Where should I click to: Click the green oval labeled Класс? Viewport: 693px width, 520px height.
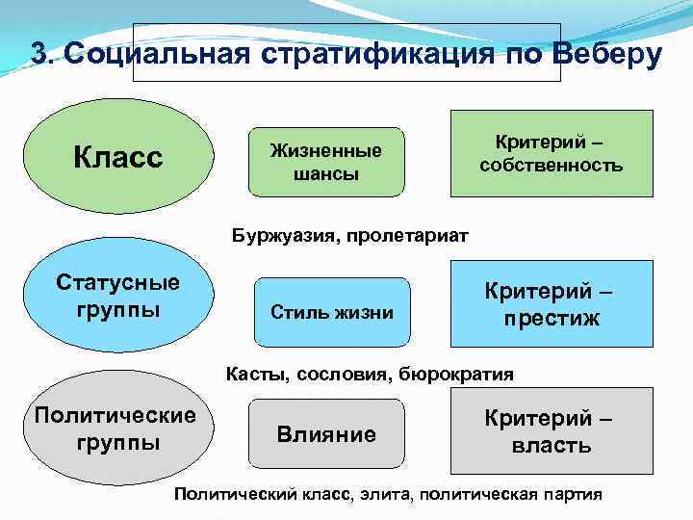point(117,155)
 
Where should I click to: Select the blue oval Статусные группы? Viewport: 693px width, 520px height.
point(117,298)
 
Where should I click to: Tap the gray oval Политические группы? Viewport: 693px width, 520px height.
point(115,429)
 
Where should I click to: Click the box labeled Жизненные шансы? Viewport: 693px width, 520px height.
point(324,162)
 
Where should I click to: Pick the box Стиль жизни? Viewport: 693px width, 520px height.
point(331,312)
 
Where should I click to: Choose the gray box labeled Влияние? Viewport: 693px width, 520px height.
point(326,434)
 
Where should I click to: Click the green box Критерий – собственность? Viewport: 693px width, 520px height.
point(552,154)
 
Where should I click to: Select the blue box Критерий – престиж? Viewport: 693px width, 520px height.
point(552,304)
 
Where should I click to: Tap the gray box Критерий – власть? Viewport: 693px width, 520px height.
point(552,431)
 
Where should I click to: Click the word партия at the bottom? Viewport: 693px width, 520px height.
point(568,494)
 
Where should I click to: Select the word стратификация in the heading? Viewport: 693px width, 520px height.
point(376,54)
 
